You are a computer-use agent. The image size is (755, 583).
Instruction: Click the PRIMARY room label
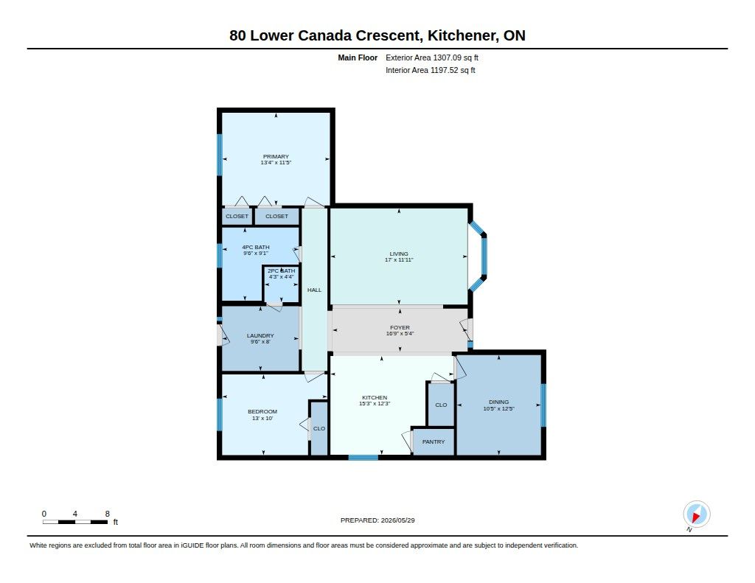click(276, 156)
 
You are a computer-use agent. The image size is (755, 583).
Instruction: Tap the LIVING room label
click(399, 254)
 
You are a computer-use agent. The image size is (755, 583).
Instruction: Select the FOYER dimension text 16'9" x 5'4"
click(400, 333)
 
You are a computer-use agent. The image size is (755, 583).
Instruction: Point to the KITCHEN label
click(374, 398)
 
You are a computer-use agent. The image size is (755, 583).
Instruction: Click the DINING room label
click(499, 402)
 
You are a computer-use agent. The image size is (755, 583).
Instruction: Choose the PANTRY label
click(434, 441)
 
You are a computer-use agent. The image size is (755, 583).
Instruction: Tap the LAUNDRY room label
click(260, 335)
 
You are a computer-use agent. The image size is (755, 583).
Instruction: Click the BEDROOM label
click(262, 411)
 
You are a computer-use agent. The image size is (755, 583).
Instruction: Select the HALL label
click(314, 290)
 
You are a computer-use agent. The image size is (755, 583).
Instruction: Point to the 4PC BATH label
click(256, 247)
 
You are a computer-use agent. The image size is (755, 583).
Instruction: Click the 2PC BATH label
click(281, 270)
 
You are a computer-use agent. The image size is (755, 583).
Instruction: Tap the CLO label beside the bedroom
click(319, 428)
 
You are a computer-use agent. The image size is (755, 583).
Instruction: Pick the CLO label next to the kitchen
click(441, 405)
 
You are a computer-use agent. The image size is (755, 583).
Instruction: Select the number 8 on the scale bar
click(108, 514)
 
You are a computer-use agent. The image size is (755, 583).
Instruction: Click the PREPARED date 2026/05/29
click(397, 520)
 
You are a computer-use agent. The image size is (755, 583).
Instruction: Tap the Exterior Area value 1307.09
click(448, 57)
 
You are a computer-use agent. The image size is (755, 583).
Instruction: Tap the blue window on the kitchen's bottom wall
click(363, 458)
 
